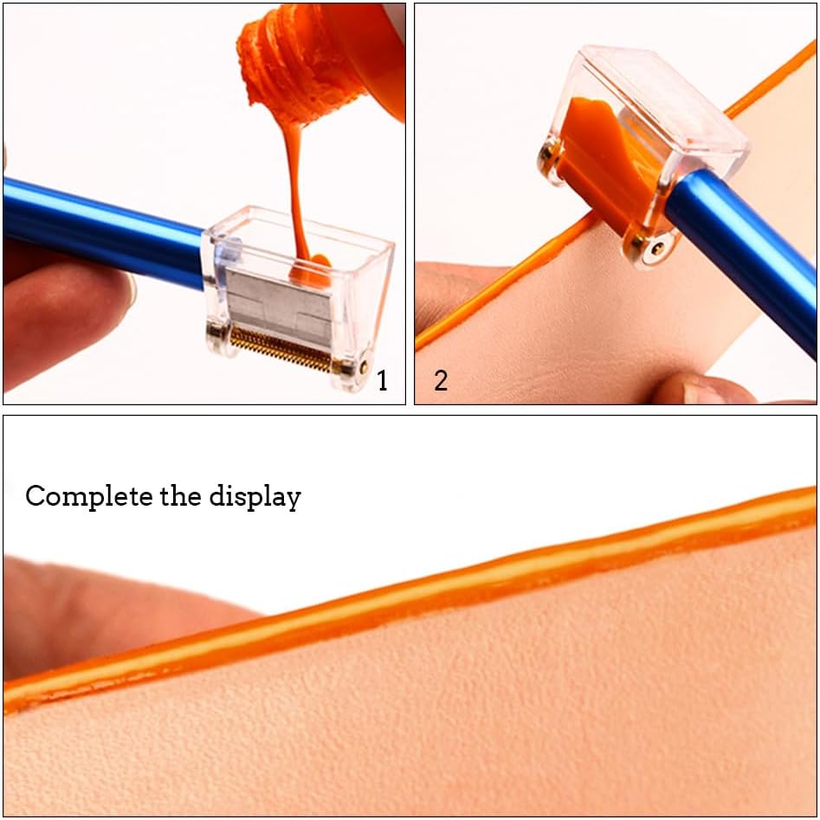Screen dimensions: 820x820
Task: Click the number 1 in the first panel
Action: tap(382, 381)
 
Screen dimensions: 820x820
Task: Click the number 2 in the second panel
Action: tap(441, 381)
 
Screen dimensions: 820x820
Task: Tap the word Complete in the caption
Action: tap(88, 497)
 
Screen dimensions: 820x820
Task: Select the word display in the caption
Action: tap(255, 497)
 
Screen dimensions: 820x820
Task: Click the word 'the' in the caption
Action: tap(180, 496)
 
